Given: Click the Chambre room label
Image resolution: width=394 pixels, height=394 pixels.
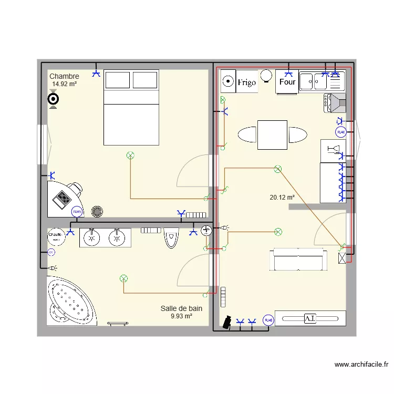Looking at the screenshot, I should pos(64,77).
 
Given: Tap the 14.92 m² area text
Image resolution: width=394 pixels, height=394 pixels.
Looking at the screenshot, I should pos(65,84).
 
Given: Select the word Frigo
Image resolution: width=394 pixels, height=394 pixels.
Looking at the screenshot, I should pos(246,82).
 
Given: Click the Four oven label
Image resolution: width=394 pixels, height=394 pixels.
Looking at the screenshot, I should pos(287,82).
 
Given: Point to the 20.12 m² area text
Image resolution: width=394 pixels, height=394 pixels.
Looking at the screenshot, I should pos(282,198).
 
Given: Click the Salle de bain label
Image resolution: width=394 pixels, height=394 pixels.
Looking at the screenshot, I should pos(181,309).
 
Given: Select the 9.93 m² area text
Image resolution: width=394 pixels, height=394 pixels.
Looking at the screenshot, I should pos(181,316).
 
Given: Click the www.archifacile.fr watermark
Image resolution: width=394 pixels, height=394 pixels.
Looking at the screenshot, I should pos(361,364).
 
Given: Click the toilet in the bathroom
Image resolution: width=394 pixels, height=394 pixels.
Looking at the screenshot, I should pos(171,237).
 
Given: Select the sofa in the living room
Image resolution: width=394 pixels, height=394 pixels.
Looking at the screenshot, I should pos(298,260).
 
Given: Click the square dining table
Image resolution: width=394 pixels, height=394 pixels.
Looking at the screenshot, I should pos(272,134).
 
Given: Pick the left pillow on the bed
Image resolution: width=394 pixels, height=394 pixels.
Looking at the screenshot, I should pos(118,80).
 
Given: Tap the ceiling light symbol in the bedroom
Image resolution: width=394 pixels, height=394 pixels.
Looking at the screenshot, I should pos(130,154).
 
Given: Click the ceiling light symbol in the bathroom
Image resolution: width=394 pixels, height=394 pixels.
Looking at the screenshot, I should pos(124,278).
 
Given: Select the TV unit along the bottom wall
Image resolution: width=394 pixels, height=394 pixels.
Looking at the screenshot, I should pos(310,318).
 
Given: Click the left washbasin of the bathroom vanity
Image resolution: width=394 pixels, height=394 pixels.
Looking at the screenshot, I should pos(92,237).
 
